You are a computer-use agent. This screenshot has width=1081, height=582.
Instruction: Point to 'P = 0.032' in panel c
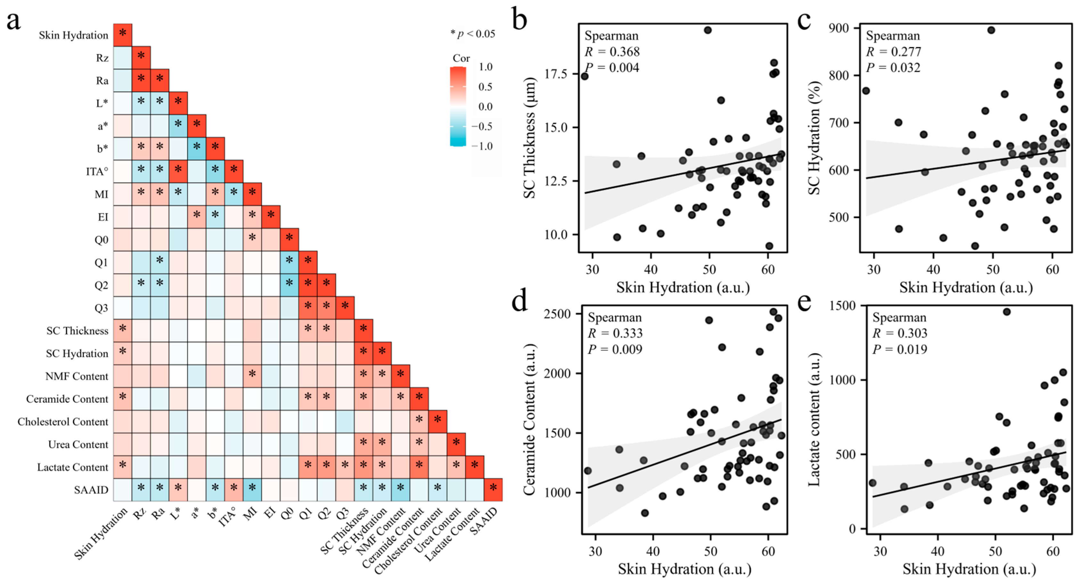tap(893, 68)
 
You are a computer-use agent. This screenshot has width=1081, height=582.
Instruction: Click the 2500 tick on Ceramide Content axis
tap(557, 314)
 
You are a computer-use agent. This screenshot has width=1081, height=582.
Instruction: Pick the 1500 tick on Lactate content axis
tap(842, 306)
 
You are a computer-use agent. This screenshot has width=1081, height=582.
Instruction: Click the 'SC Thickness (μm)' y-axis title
tap(529, 138)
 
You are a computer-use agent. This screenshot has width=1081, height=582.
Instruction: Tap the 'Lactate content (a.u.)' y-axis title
tap(814, 420)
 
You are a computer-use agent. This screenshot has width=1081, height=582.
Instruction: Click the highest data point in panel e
tap(1007, 312)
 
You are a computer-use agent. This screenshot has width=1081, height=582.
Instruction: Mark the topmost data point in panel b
tap(708, 30)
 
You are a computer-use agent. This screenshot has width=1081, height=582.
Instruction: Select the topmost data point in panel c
tap(991, 30)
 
